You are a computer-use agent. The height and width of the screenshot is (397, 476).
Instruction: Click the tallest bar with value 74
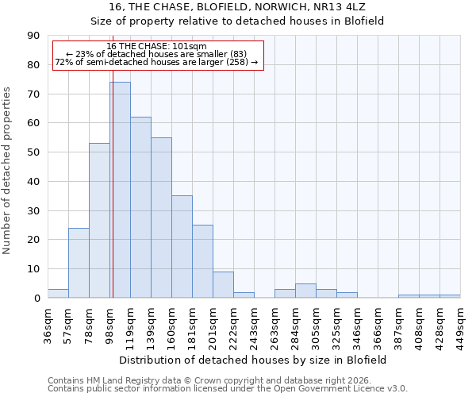tap(120, 190)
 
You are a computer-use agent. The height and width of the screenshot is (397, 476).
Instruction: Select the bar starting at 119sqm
tap(140, 207)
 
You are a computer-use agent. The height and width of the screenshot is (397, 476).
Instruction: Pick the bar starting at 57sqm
tap(79, 263)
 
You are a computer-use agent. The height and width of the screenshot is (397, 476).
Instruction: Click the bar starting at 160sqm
tap(182, 247)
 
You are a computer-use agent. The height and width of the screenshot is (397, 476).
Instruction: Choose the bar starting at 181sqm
tap(202, 261)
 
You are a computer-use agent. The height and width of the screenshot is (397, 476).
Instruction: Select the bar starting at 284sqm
tap(305, 291)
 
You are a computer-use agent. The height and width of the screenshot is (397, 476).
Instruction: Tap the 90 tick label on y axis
tap(34, 36)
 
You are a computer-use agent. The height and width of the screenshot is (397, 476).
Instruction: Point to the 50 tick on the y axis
tap(34, 152)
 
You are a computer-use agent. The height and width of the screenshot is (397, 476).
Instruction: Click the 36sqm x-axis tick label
tap(48, 323)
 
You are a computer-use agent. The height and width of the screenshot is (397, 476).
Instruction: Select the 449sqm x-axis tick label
tap(461, 323)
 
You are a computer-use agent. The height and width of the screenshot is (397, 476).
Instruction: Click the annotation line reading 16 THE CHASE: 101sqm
tap(156, 47)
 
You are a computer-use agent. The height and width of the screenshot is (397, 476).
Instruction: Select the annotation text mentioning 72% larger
tap(156, 62)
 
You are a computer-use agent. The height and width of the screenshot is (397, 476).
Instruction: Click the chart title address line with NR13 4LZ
tap(237, 6)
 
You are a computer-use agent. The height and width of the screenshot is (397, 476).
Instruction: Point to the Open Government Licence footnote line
tap(228, 388)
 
